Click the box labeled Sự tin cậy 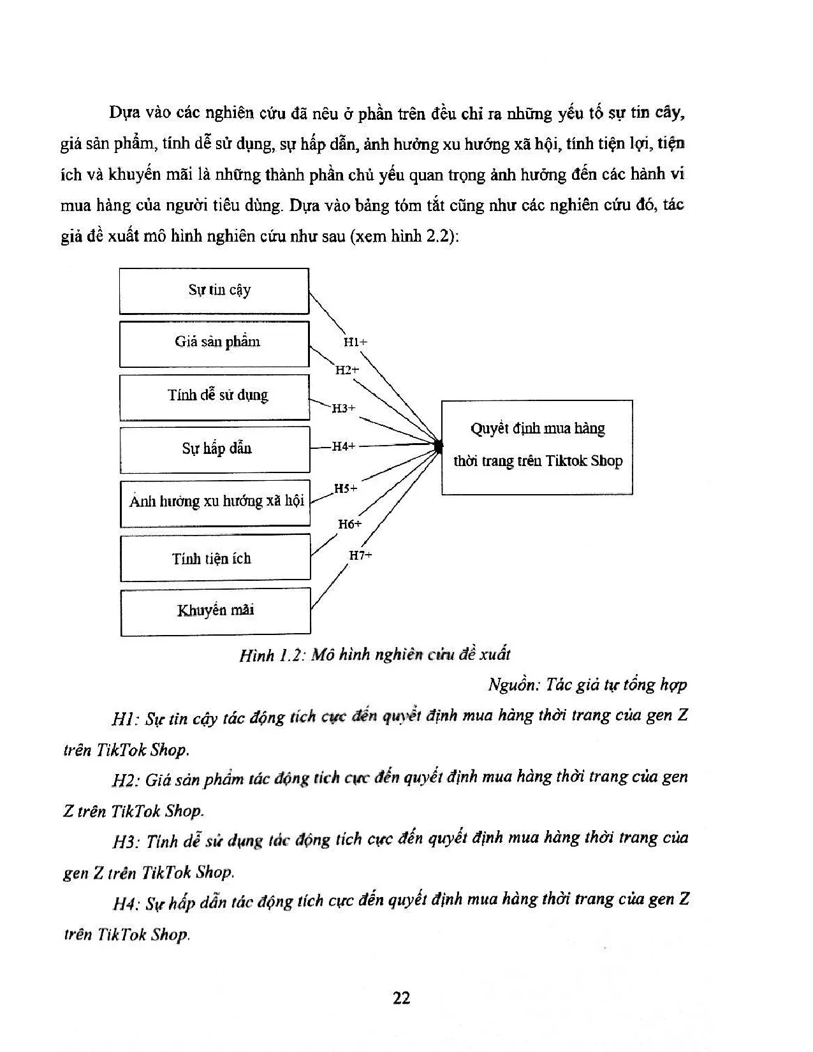(214, 291)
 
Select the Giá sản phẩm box (214, 344)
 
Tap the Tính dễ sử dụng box (215, 397)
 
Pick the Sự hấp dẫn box (215, 449)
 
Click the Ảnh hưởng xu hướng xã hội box (216, 502)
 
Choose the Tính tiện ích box (216, 558)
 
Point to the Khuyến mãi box (216, 611)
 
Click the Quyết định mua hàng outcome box (537, 447)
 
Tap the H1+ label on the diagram (355, 342)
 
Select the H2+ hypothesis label (348, 370)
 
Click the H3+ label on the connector (344, 408)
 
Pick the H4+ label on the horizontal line (343, 446)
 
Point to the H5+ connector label (346, 488)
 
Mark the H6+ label (349, 524)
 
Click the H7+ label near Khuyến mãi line (360, 555)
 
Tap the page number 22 (402, 998)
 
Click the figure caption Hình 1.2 (375, 655)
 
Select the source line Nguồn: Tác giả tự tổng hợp (587, 685)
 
